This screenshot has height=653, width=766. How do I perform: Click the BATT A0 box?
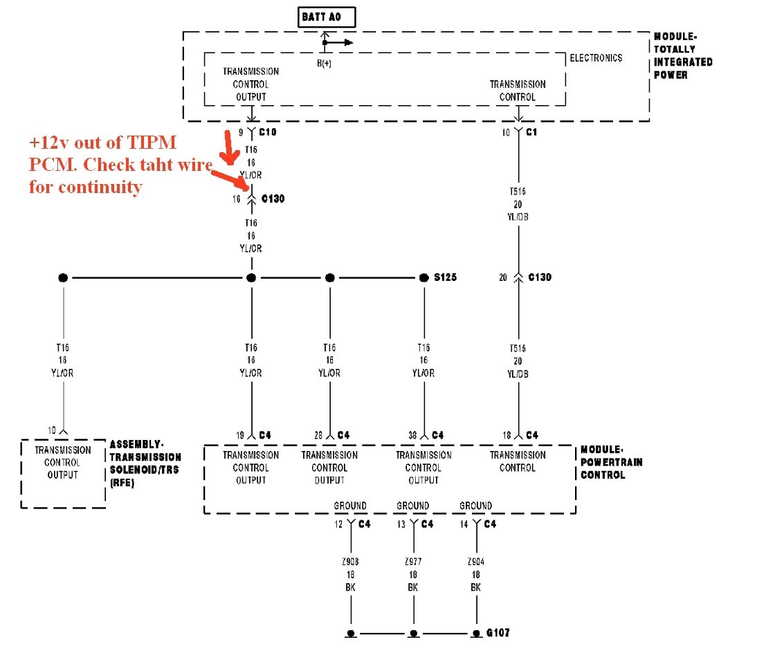point(327,17)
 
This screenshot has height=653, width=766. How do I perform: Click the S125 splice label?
point(446,277)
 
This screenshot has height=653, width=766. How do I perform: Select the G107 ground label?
point(498,633)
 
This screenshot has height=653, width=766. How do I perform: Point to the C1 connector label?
point(532,131)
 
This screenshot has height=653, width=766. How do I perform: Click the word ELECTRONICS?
point(596,59)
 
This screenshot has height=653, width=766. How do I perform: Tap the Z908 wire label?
point(351,562)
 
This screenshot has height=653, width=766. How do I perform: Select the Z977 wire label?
point(413,562)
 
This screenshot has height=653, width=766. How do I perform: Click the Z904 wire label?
point(476,562)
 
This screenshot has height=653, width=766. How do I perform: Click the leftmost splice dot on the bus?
point(63,277)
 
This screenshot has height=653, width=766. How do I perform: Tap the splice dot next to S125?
point(424,277)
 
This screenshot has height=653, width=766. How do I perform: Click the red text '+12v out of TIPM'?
point(102,142)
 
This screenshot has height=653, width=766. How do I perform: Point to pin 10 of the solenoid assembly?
point(52,430)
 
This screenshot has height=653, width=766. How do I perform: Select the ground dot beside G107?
point(476,633)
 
